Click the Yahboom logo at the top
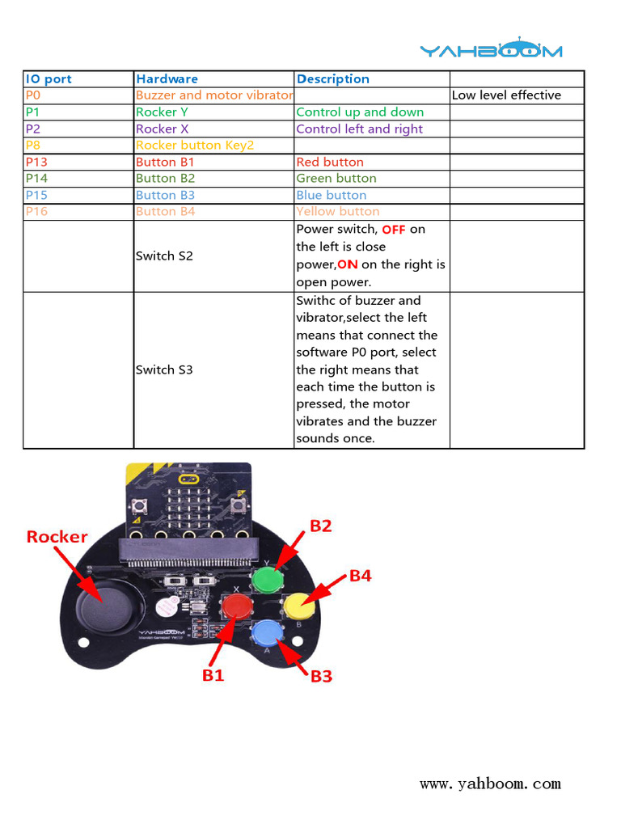(x=491, y=49)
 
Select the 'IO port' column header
(x=49, y=79)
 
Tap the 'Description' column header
(x=332, y=79)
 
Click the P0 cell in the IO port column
(x=33, y=95)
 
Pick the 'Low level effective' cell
(x=506, y=95)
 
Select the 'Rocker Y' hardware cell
(x=162, y=112)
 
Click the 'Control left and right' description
(x=359, y=129)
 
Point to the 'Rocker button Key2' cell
(x=195, y=146)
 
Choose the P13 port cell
(x=36, y=163)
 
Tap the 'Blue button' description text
(x=331, y=196)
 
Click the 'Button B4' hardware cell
(x=165, y=212)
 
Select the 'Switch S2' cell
(x=164, y=256)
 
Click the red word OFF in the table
(x=394, y=230)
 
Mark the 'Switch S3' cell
(x=164, y=370)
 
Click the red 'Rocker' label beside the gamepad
(x=57, y=537)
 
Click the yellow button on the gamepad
(x=297, y=603)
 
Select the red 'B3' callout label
(x=321, y=676)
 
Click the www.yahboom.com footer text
(x=490, y=784)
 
